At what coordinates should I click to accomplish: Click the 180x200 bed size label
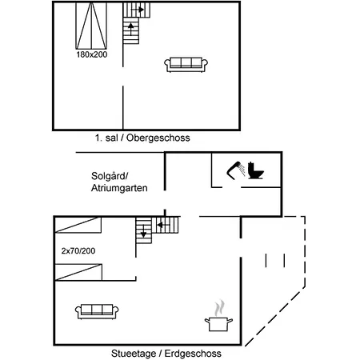pos(92,54)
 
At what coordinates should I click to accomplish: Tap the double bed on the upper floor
pos(91,26)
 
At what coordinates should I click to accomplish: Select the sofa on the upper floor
pos(186,65)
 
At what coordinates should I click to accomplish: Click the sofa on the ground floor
pos(97,311)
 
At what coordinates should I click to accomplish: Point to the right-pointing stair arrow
pos(138,10)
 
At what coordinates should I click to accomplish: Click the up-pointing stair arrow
pos(131,29)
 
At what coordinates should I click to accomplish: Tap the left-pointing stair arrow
pos(163,226)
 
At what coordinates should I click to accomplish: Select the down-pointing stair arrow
pos(144,231)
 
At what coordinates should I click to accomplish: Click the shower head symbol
pos(236,170)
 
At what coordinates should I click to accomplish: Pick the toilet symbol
pos(255,170)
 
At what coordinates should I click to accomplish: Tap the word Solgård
pos(110,176)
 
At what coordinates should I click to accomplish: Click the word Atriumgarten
pos(119,188)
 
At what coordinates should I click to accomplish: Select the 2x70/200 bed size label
pos(78,251)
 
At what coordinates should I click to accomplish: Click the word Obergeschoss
pos(158,138)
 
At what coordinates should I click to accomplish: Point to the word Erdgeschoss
pos(193,354)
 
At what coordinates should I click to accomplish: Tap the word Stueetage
pos(134,354)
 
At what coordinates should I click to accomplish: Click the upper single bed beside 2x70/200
pos(78,226)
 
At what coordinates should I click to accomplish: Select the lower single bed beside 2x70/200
pos(78,272)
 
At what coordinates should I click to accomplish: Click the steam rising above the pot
pos(219,308)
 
